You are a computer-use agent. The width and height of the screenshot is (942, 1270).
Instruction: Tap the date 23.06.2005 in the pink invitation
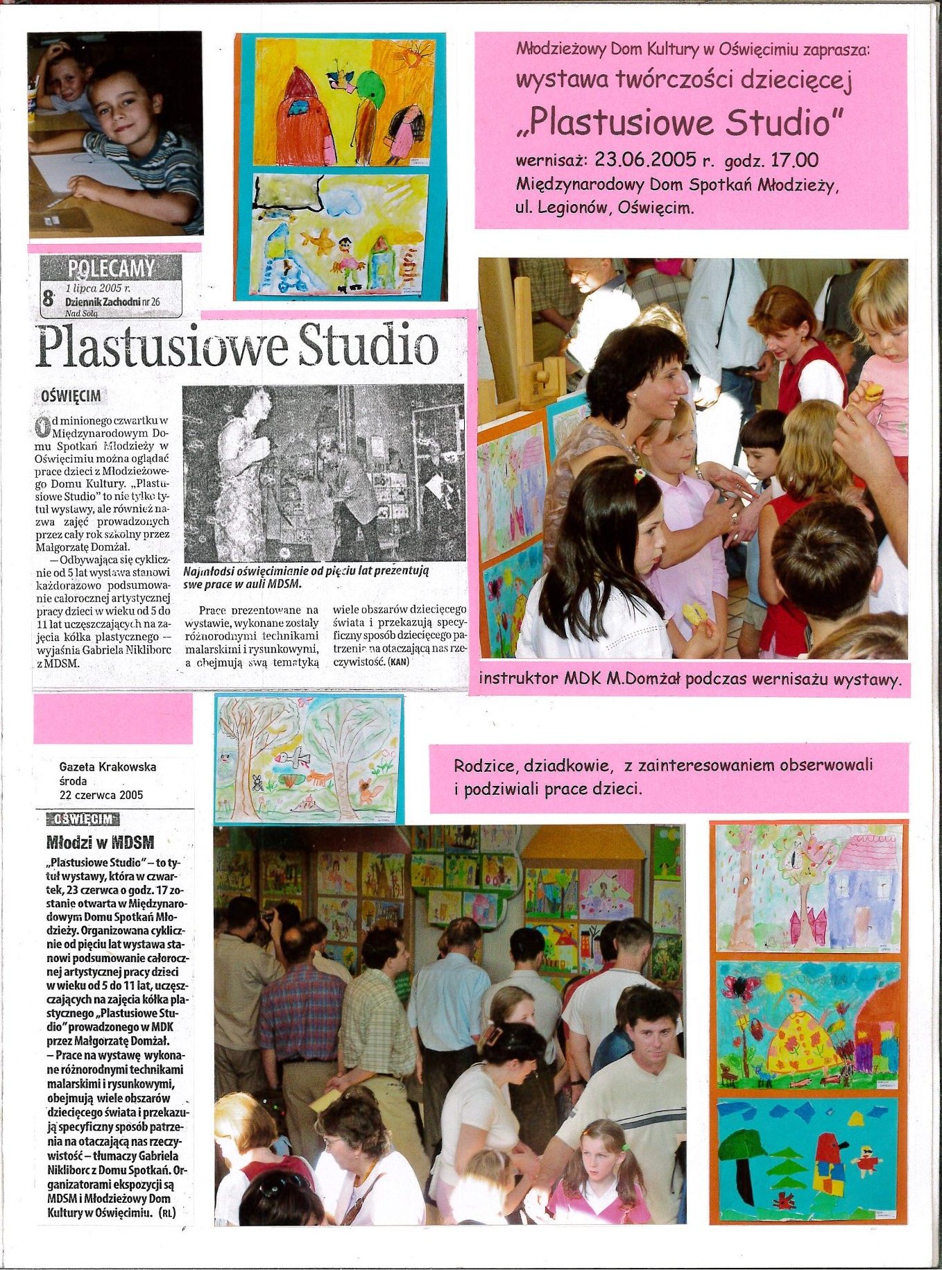click(x=644, y=160)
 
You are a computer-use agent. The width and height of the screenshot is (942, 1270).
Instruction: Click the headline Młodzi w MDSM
click(x=100, y=843)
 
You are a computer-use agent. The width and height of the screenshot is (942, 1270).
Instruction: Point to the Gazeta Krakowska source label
click(x=108, y=766)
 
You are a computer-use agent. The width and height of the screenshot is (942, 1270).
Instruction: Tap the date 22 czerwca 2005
click(x=101, y=795)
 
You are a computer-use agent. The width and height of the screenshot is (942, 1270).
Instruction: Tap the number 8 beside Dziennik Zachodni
click(x=48, y=299)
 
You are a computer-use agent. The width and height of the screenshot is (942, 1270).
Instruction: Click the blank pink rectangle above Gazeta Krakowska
click(x=112, y=719)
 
